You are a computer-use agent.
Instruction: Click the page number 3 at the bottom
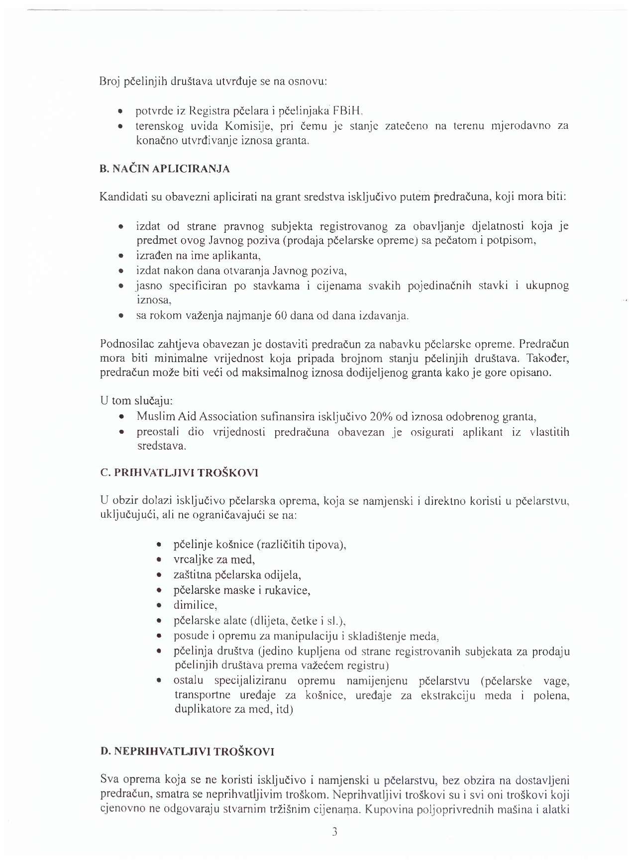[x=334, y=832]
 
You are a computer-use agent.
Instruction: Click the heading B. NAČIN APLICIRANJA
[x=165, y=169]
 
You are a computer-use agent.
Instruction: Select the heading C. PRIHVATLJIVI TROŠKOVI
[x=179, y=473]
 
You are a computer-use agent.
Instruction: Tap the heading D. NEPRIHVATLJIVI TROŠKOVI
[x=187, y=752]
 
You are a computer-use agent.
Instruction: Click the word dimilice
[x=195, y=605]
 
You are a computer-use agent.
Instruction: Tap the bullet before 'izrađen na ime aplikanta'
[x=121, y=257]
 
